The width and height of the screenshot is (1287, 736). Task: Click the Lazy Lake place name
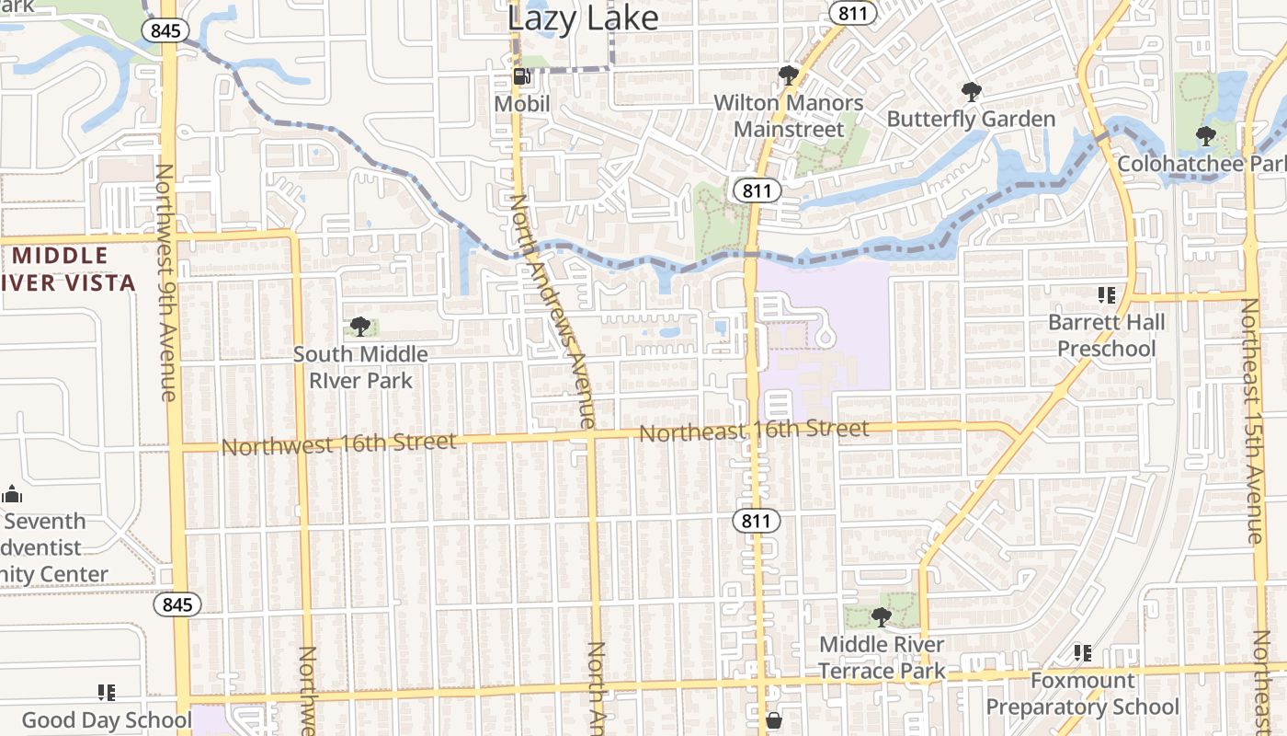tap(583, 17)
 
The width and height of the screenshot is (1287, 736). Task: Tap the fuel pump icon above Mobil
tap(521, 76)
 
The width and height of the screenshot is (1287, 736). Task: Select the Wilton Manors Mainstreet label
tap(789, 116)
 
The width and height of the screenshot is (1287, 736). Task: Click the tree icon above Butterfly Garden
tap(971, 91)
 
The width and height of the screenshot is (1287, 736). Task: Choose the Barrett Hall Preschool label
tap(1106, 336)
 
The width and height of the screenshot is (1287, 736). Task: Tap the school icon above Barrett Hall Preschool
tap(1106, 295)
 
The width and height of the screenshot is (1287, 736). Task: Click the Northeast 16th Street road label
tap(754, 430)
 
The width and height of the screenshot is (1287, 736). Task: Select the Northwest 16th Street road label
tap(339, 444)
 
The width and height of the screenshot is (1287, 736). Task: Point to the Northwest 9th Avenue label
tap(166, 282)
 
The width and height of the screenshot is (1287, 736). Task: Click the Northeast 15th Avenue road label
tap(1251, 420)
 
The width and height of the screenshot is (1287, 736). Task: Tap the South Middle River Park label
tap(360, 367)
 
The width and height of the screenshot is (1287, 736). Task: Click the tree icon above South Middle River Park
tap(360, 327)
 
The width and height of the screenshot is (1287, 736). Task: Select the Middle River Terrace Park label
tap(882, 658)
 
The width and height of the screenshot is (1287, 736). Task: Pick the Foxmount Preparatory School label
tap(1082, 694)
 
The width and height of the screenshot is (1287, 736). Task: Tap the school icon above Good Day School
tap(107, 692)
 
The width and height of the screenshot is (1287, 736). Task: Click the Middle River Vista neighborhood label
tap(69, 269)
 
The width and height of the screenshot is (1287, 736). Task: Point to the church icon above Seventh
tap(13, 494)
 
